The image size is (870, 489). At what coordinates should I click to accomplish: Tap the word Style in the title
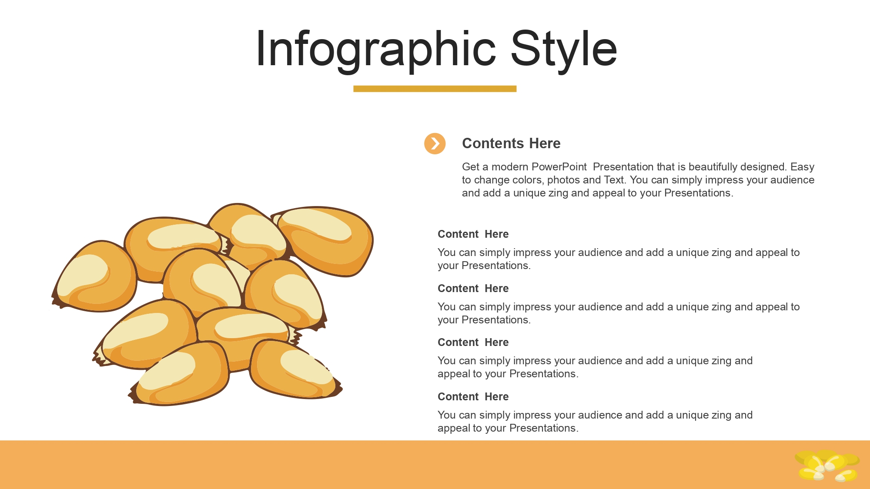pyautogui.click(x=564, y=49)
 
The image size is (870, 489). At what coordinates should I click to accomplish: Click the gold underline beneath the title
pyautogui.click(x=435, y=89)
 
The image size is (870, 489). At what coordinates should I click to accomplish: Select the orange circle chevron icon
pyautogui.click(x=435, y=143)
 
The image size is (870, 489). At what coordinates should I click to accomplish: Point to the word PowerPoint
pyautogui.click(x=559, y=167)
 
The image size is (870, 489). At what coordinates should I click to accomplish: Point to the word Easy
pyautogui.click(x=802, y=167)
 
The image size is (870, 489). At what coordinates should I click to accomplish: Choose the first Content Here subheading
pyautogui.click(x=473, y=234)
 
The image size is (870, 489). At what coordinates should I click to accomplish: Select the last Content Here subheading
pyautogui.click(x=473, y=397)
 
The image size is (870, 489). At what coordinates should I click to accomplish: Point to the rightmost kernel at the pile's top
pyautogui.click(x=324, y=240)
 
